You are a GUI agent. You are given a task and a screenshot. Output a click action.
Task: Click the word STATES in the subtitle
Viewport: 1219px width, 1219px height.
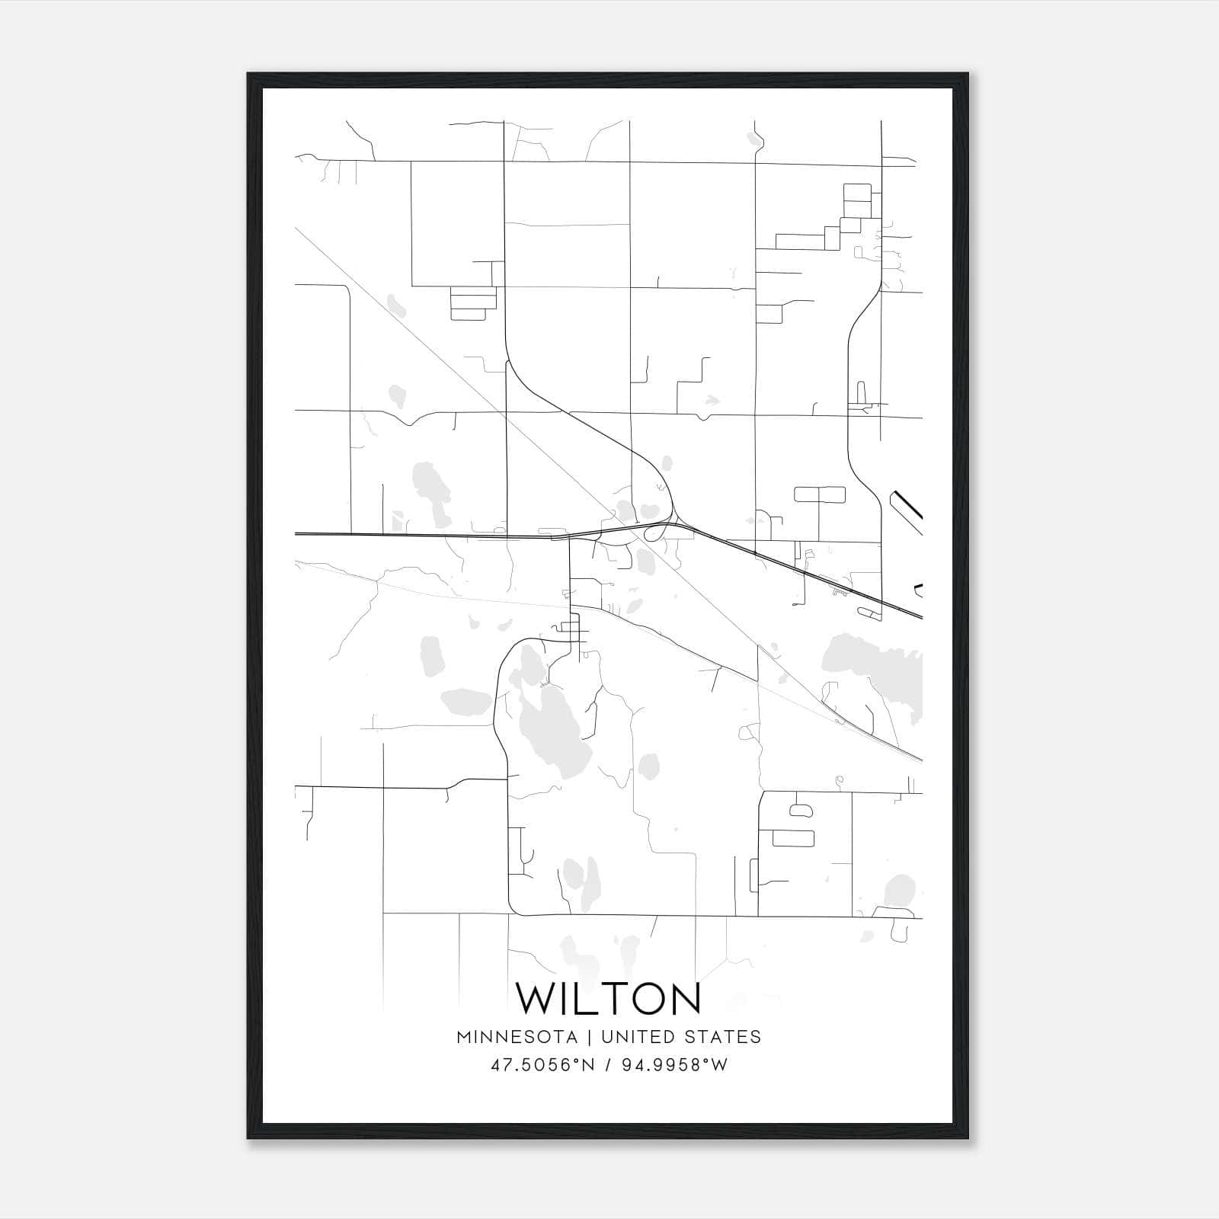[724, 1037]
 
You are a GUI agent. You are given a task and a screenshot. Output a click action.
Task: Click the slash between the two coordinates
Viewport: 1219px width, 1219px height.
[606, 1065]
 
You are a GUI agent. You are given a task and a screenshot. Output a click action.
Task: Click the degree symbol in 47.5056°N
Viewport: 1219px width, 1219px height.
[577, 1061]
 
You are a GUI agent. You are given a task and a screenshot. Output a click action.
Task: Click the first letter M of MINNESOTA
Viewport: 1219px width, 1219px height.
[464, 1037]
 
